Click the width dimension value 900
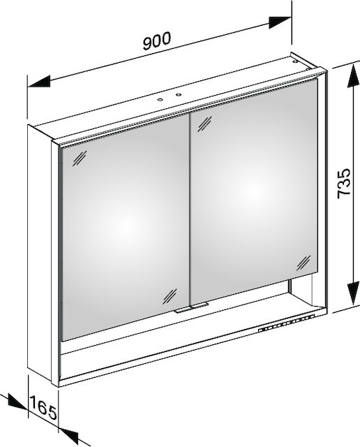157,41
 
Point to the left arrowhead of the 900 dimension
39,82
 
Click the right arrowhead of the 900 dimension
280,23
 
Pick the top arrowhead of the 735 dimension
353,75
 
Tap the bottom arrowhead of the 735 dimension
353,294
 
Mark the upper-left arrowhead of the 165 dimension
17,403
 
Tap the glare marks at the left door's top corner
80,159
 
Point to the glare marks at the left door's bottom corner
170,296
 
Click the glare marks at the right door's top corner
204,124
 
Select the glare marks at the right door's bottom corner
303,263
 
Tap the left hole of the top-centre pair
160,100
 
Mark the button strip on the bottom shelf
287,323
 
